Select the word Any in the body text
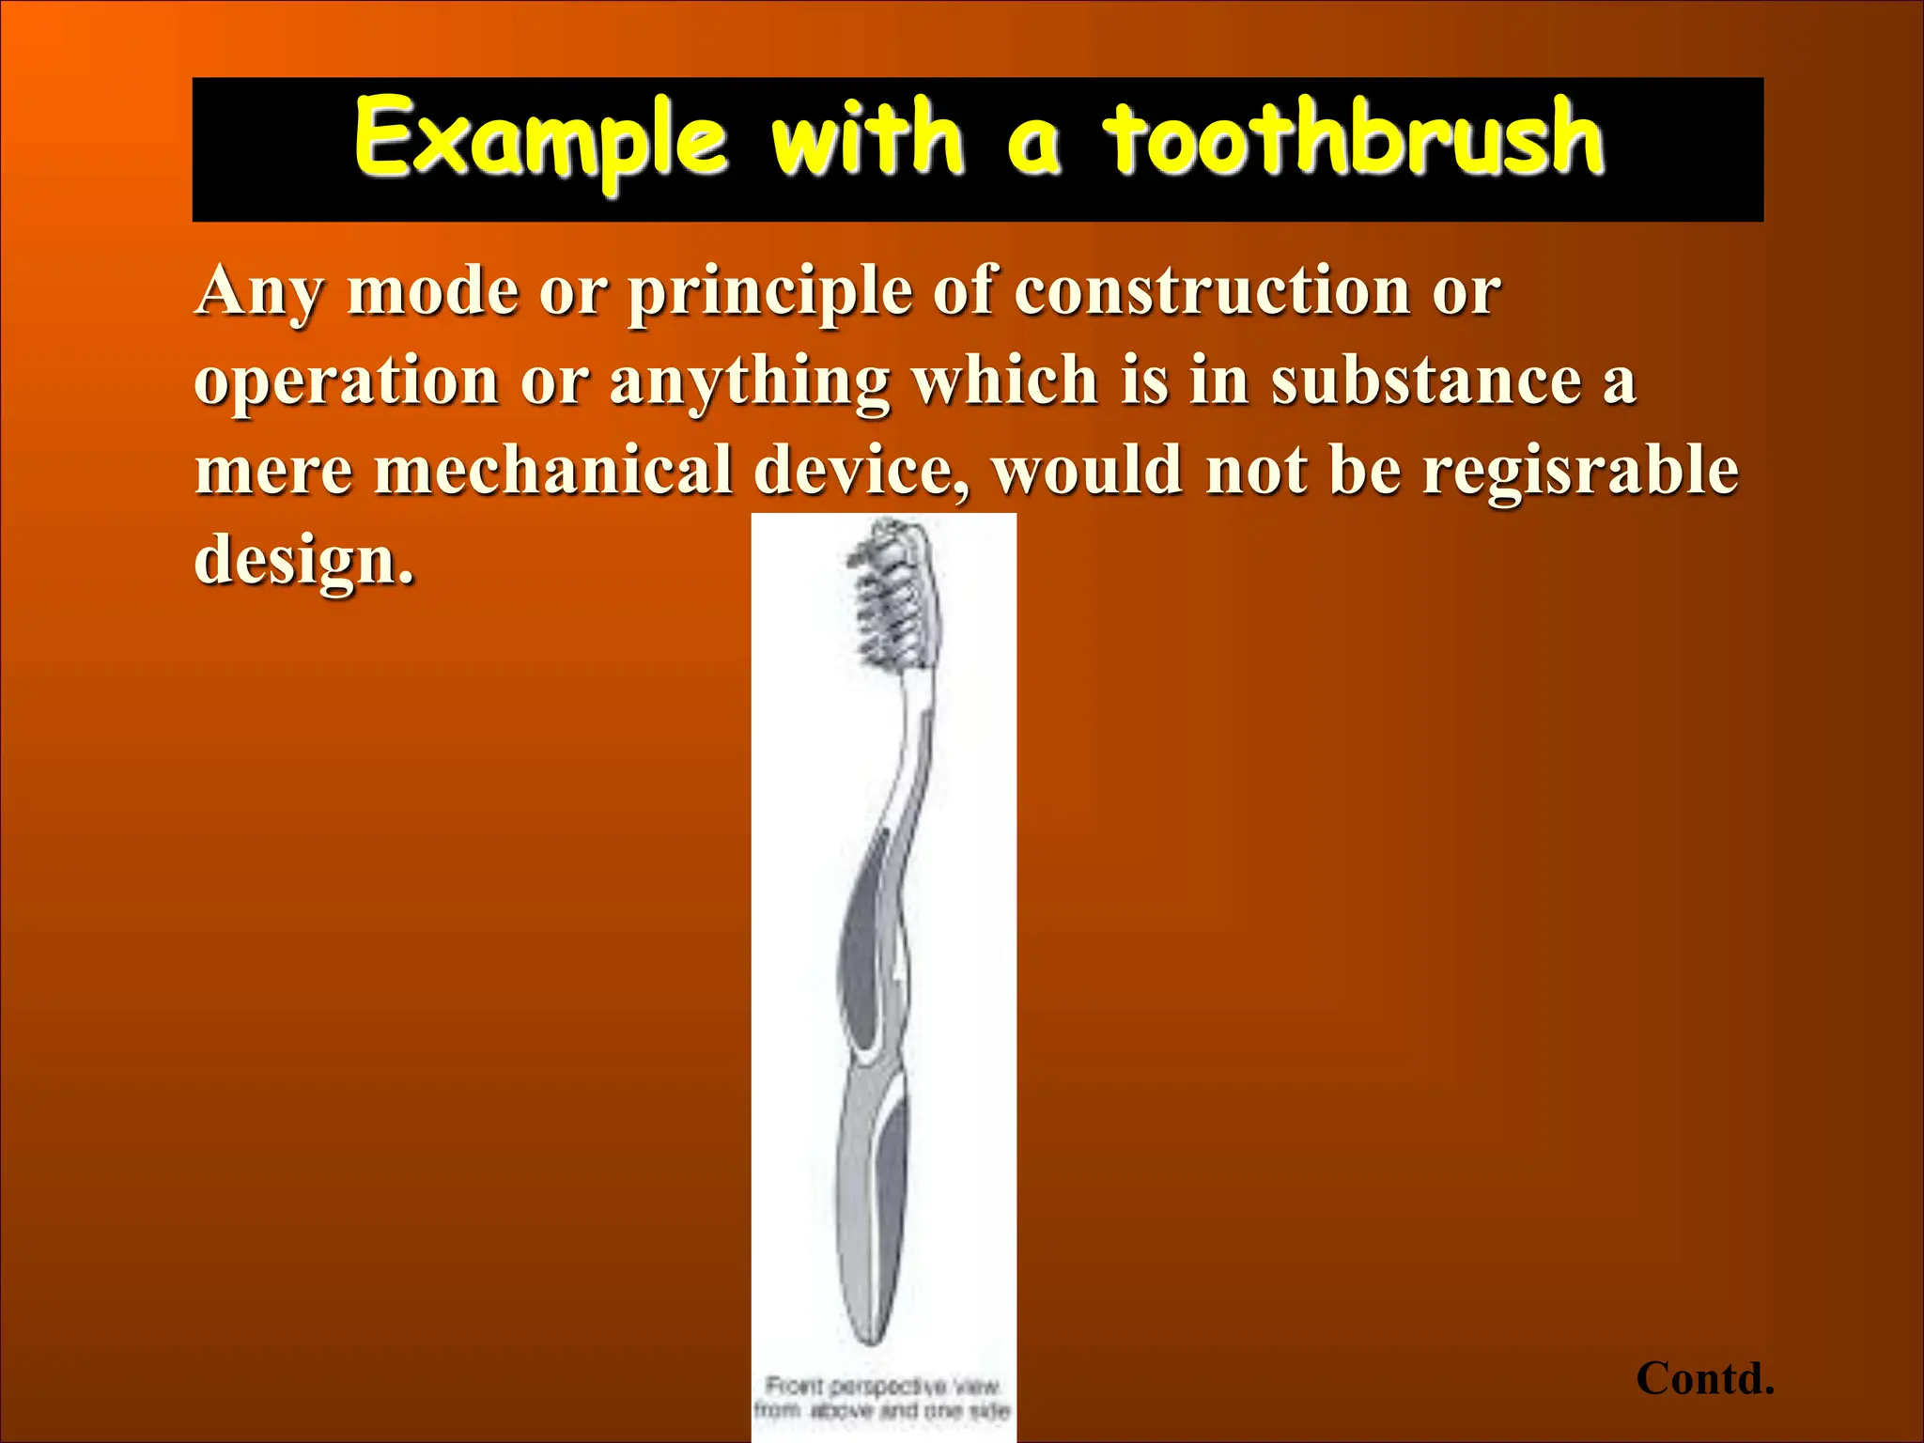260,291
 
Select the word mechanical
553,470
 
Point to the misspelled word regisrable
1579,470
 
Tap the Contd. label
1704,1378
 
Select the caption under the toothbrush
882,1398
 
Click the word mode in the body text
431,291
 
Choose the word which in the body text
1005,380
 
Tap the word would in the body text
1087,470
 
